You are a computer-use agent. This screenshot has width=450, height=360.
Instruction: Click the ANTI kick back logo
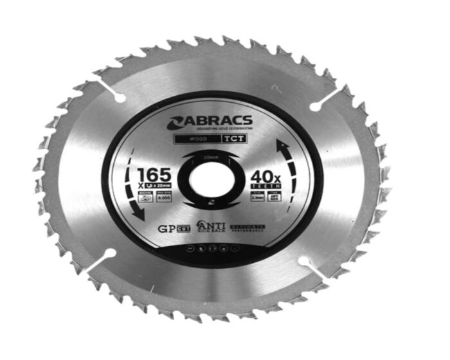click(212, 228)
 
